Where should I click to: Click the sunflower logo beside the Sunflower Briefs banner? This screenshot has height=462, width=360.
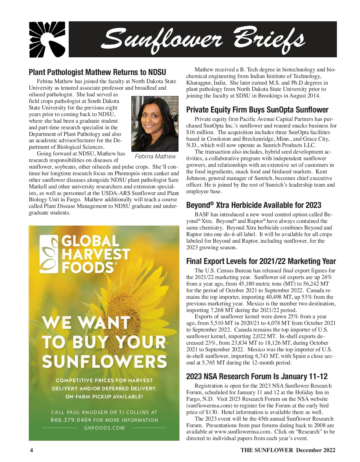click(x=47, y=39)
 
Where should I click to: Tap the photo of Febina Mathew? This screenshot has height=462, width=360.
click(x=155, y=124)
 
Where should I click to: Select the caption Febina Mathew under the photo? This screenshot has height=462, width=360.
click(x=155, y=156)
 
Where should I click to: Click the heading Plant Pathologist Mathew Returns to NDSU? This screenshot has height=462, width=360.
click(x=97, y=72)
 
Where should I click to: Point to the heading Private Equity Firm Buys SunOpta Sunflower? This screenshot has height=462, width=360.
click(x=257, y=109)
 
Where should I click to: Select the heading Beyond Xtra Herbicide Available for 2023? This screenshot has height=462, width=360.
click(x=253, y=205)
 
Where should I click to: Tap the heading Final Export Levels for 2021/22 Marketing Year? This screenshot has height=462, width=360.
click(x=261, y=261)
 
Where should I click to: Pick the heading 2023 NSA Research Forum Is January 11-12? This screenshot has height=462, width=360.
click(x=256, y=376)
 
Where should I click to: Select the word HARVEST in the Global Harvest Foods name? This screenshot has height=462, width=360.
click(x=96, y=254)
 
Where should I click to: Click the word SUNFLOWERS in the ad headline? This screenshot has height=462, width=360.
click(x=104, y=361)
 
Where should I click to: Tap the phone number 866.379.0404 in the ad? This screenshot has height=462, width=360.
click(x=71, y=420)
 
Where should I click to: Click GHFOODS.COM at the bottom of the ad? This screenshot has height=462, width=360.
click(x=104, y=428)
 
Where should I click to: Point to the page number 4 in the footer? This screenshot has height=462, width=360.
click(x=31, y=450)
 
